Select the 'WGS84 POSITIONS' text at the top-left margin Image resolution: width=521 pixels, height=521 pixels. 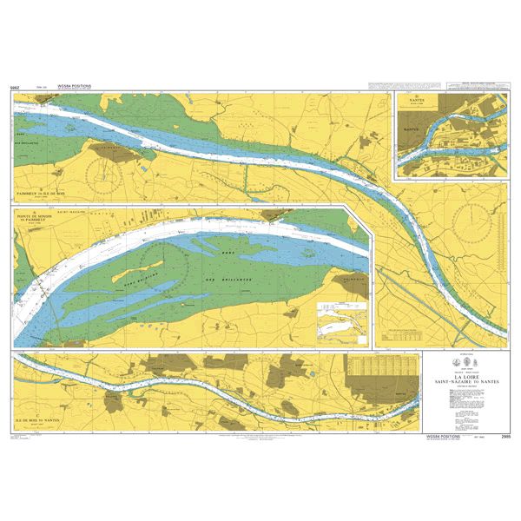(73, 87)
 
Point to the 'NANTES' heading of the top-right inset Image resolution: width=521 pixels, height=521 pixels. (416, 99)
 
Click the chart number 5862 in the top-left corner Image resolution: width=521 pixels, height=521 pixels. (15, 88)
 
